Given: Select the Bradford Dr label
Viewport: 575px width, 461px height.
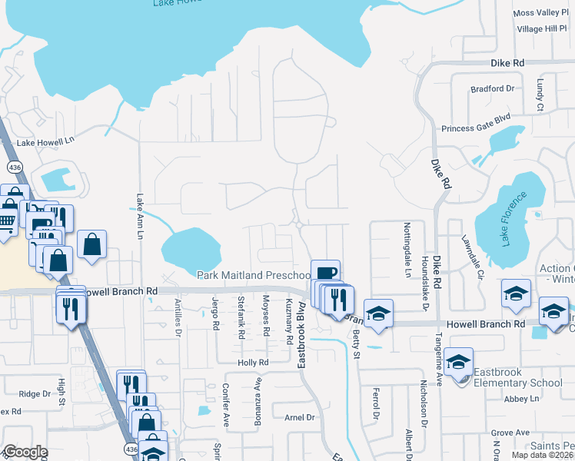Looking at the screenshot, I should [492, 89].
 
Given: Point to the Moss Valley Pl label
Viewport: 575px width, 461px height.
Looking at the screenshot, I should [540, 13].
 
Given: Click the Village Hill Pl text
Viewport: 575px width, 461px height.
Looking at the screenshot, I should [541, 28].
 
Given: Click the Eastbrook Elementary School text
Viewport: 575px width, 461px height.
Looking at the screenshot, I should [517, 383].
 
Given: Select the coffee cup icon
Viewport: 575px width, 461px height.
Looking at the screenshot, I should [325, 273].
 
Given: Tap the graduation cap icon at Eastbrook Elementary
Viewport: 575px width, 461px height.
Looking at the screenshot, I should [459, 361].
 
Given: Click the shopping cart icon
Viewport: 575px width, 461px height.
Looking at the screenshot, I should [7, 222].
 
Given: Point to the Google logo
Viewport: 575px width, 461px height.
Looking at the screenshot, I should [25, 452].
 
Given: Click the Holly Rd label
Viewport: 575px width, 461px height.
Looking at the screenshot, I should [252, 363].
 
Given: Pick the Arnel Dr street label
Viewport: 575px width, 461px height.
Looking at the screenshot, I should [300, 417].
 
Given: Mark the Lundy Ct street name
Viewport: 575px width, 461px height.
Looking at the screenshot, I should [540, 94].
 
